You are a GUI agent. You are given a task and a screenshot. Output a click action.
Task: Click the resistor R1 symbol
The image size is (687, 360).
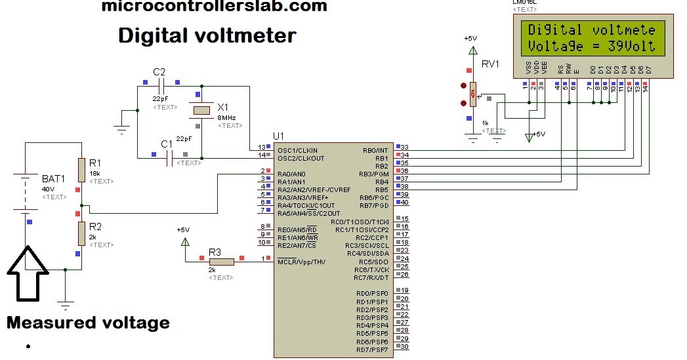81,169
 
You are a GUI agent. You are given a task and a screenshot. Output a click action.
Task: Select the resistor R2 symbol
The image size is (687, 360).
81,233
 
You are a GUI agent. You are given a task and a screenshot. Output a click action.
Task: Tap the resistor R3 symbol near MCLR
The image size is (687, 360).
222,262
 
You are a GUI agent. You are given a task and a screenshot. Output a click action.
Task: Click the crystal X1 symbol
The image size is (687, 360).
201,111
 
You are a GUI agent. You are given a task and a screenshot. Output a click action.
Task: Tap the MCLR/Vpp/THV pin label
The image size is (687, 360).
301,262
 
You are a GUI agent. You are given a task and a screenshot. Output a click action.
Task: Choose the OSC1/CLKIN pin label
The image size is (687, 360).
297,150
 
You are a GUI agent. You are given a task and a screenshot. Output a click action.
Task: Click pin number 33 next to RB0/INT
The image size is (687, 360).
404,147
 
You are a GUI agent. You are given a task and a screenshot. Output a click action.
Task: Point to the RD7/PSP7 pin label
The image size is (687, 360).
372,350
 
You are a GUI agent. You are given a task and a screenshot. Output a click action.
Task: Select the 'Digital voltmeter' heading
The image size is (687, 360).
207,35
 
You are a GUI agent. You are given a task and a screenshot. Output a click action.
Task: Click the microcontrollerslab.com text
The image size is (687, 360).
214,7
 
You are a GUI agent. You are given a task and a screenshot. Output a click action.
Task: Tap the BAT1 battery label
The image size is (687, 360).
54,178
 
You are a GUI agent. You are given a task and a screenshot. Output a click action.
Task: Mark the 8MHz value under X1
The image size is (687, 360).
226,117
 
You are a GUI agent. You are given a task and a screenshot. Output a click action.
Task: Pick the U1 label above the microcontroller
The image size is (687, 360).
279,136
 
